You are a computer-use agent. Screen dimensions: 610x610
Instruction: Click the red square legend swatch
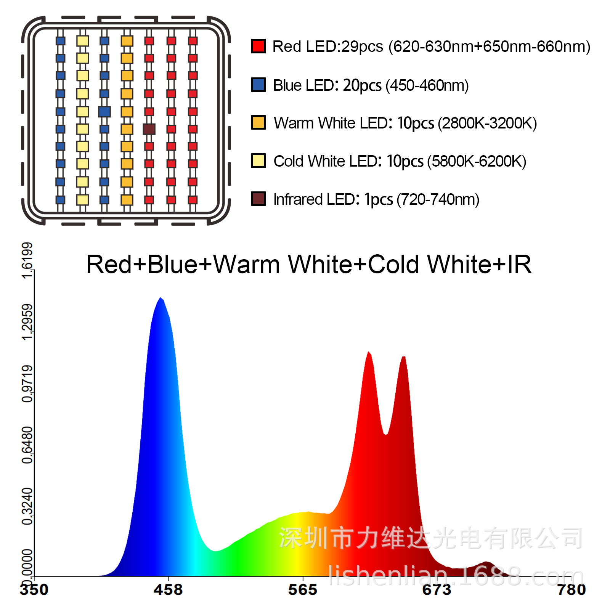(x=258, y=46)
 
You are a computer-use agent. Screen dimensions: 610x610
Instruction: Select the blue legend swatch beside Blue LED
(x=258, y=85)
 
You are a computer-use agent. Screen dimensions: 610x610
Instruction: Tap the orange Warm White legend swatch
(x=258, y=122)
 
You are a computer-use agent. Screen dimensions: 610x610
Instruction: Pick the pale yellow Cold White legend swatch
(x=258, y=161)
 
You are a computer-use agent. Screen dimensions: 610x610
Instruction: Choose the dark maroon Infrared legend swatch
(x=258, y=199)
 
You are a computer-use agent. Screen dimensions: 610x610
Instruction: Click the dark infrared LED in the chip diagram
(x=149, y=129)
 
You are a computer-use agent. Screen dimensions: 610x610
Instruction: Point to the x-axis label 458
(x=168, y=590)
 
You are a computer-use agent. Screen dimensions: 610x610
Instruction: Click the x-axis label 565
(x=303, y=590)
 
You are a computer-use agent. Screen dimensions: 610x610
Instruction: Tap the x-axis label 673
(x=437, y=590)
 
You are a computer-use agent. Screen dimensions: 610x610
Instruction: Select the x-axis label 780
(x=571, y=590)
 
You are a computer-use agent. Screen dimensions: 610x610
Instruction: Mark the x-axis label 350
(x=34, y=590)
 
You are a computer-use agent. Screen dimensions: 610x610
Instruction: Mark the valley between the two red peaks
(x=386, y=434)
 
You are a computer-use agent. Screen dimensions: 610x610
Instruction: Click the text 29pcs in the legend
(x=362, y=47)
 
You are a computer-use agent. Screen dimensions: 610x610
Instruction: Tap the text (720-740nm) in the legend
(x=438, y=199)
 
